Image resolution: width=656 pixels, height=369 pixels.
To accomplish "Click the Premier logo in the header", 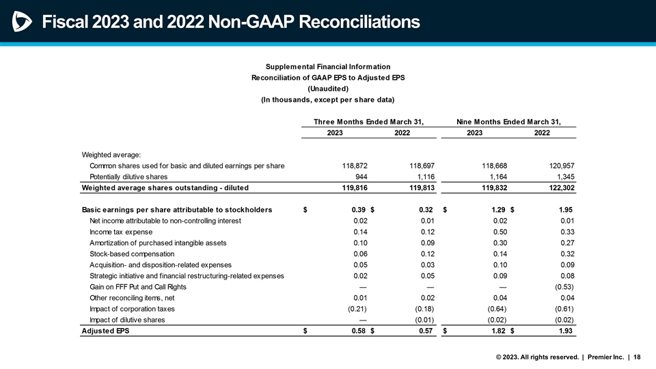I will click(x=21, y=23).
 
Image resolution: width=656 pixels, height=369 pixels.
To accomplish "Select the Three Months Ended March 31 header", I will click(x=368, y=122).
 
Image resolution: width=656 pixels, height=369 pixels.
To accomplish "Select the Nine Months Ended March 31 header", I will click(x=508, y=122).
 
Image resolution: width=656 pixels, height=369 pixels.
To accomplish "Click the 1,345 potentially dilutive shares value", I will click(x=563, y=176).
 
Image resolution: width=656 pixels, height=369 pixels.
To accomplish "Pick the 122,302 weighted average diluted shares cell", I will click(x=561, y=187).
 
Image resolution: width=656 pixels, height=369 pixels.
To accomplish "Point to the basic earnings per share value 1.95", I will click(x=566, y=210).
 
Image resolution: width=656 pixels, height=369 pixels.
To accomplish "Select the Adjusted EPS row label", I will click(x=105, y=331).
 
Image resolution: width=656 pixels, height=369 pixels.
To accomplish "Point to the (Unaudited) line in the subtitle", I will click(x=328, y=89).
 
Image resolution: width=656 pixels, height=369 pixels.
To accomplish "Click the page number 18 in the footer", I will click(x=637, y=357).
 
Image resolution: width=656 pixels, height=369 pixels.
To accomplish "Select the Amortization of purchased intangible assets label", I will click(x=158, y=243).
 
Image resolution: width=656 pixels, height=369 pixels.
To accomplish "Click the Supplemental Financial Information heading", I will click(x=328, y=66).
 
